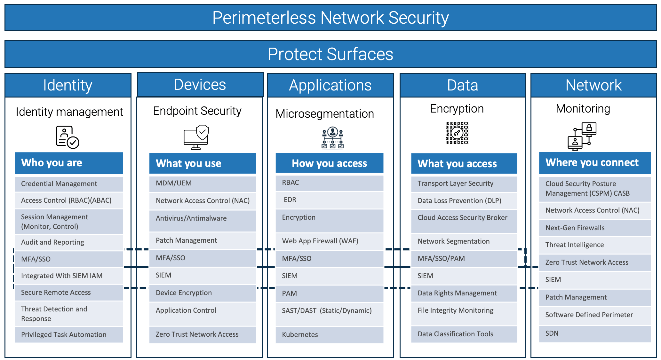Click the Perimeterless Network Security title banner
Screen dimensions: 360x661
[330, 18]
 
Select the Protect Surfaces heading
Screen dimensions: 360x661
[330, 54]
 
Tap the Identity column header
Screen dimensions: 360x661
[68, 85]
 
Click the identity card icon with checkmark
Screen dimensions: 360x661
[67, 137]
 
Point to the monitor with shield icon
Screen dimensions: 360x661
[196, 137]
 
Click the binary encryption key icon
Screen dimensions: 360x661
[457, 133]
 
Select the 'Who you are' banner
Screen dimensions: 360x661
[69, 163]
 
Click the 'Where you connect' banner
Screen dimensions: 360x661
[594, 162]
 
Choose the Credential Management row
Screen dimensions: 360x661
[69, 184]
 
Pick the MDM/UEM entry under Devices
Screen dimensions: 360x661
[203, 183]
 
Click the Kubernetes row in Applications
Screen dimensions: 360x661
[329, 334]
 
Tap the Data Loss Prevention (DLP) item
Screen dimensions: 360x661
[464, 200]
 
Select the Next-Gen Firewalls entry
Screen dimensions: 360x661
[594, 228]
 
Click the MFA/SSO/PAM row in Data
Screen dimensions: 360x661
[464, 258]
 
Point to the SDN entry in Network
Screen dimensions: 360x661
[594, 333]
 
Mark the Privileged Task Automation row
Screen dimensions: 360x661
[69, 334]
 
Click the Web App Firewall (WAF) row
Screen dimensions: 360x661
[329, 241]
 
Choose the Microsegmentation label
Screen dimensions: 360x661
[325, 114]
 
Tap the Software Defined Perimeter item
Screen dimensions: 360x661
[594, 315]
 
